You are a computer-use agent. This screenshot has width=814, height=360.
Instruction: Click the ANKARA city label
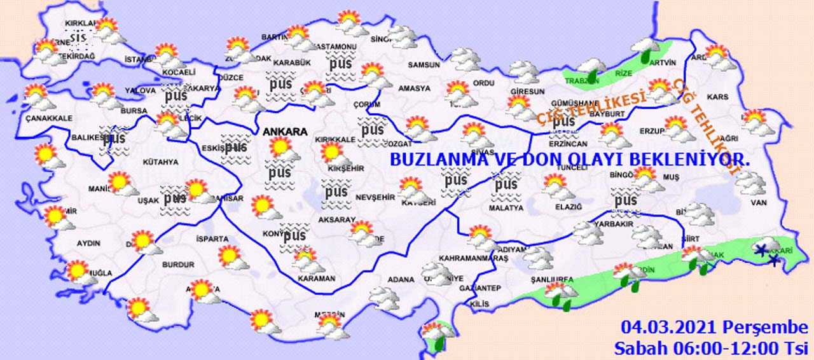tap(286, 132)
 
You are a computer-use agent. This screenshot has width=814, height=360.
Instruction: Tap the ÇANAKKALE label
tap(48, 118)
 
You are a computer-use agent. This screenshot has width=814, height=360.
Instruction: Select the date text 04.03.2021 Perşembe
tap(714, 328)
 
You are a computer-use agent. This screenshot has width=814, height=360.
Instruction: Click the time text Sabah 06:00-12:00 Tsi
tap(710, 348)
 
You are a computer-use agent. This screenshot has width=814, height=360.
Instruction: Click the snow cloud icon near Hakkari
tap(766, 249)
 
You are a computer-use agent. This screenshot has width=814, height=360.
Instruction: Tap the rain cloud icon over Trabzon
tap(591, 69)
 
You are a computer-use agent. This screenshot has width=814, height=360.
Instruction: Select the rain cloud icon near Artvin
tap(645, 48)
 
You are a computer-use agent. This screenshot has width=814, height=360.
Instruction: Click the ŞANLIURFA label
tap(552, 280)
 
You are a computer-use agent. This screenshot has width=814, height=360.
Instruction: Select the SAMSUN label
tap(424, 65)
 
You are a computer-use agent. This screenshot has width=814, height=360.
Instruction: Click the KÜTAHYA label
tap(161, 162)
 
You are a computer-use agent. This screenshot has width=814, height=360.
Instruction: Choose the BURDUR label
tap(178, 265)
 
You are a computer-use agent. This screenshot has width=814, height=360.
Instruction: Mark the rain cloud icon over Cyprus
tap(437, 335)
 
